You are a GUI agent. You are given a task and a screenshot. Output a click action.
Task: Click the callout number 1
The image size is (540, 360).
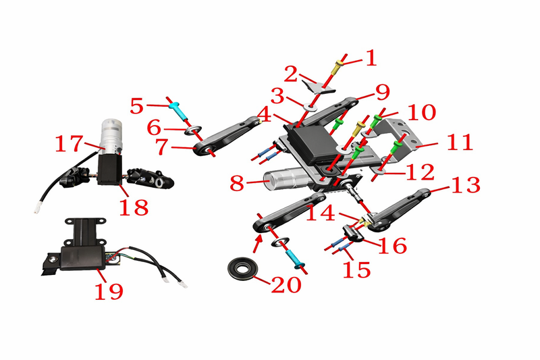(x=371, y=57)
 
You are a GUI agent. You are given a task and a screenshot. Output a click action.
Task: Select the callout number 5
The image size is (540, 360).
(x=137, y=107)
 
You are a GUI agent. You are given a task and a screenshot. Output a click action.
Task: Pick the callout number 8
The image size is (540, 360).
(x=237, y=184)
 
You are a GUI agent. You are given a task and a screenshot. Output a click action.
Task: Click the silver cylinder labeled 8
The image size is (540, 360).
(x=284, y=178)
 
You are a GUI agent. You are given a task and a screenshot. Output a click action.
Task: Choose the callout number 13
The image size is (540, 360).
(x=466, y=185)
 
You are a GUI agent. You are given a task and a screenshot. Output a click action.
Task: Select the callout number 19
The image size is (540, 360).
(x=109, y=292)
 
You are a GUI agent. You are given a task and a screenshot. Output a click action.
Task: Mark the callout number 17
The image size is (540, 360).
(x=70, y=144)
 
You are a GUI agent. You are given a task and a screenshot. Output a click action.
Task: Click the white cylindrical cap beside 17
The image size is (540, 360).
(x=111, y=135)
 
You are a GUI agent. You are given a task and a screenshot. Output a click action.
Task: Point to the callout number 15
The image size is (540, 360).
(x=356, y=269)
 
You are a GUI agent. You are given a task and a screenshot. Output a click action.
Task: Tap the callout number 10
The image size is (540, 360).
(x=421, y=113)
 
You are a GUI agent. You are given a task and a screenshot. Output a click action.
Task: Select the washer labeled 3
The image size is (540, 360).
(x=310, y=106)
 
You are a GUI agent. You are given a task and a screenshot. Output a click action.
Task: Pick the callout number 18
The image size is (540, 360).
(x=134, y=207)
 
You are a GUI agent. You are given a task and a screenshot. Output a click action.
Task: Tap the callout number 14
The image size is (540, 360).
(x=320, y=213)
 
